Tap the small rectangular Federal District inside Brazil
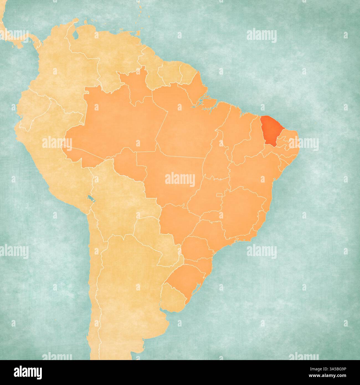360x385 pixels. point(219,195)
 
